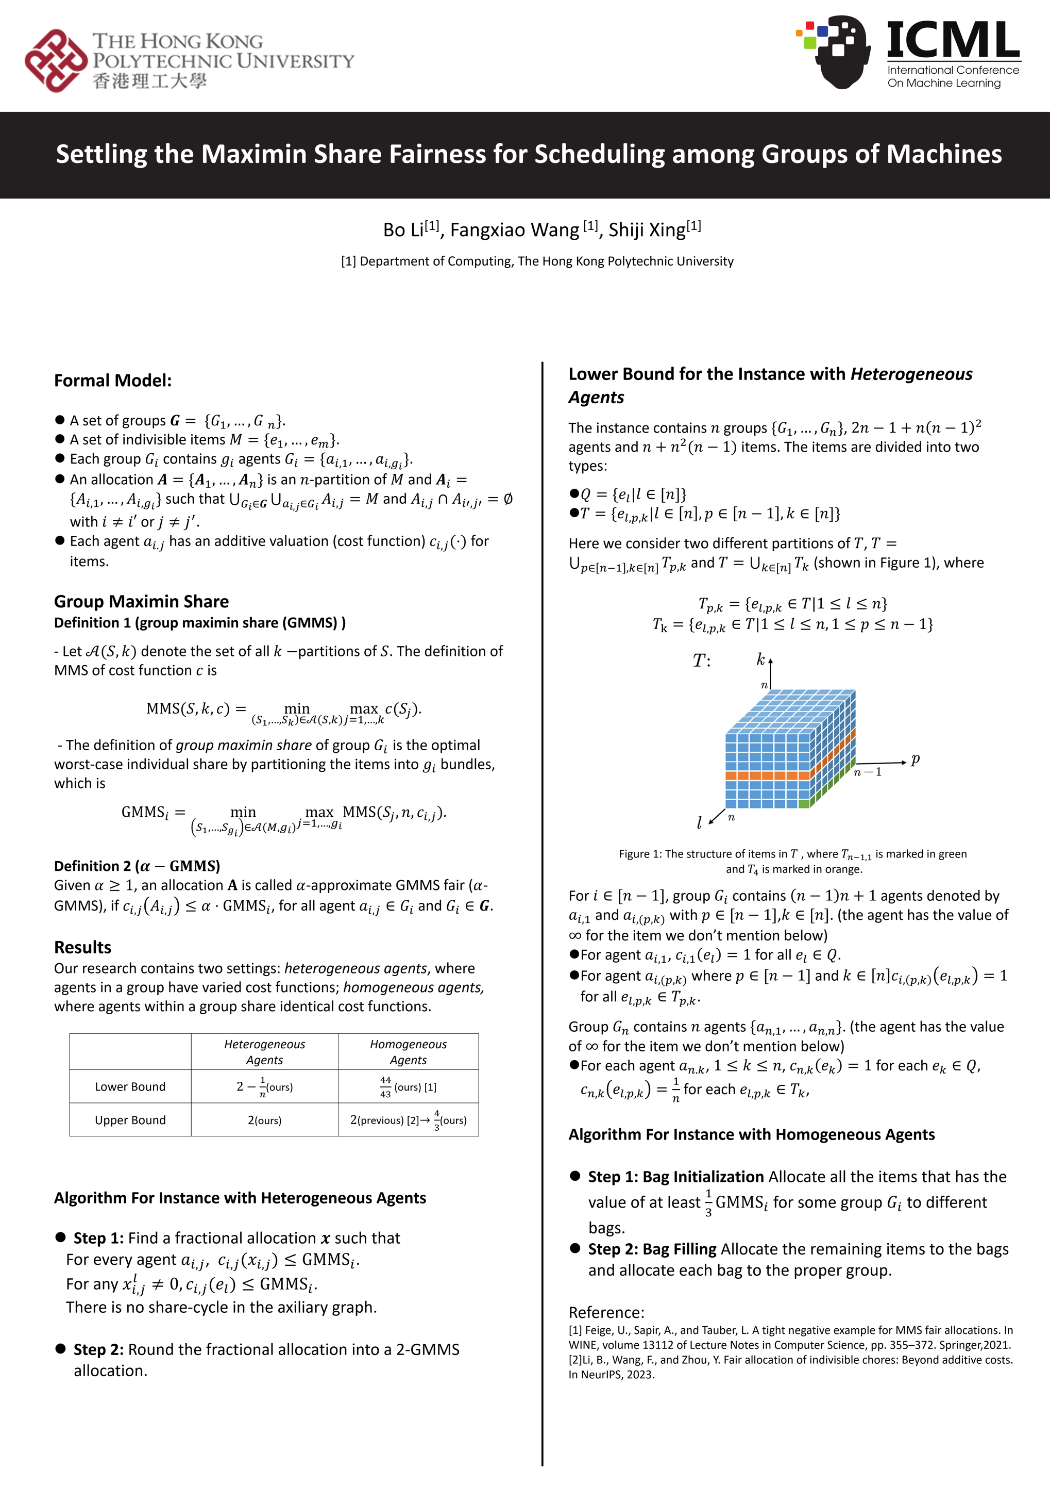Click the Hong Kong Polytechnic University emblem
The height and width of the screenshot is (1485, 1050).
(56, 60)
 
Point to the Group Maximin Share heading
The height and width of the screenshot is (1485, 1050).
(142, 602)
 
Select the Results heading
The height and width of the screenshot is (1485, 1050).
(83, 947)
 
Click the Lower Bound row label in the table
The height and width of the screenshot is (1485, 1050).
(130, 1086)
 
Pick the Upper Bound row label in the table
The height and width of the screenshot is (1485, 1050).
(130, 1120)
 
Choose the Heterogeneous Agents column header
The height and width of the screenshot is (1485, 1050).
(264, 1051)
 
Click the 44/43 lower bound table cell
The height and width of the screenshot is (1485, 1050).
(408, 1087)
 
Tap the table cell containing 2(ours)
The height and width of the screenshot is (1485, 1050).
(264, 1120)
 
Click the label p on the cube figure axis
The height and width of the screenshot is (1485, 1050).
(915, 759)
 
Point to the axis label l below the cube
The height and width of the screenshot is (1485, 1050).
(699, 822)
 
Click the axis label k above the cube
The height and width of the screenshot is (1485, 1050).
(761, 659)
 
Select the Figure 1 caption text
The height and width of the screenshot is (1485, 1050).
(793, 861)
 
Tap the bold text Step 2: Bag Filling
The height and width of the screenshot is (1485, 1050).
(652, 1249)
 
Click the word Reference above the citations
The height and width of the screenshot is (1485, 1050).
(606, 1312)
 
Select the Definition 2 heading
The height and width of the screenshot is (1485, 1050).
(137, 866)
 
